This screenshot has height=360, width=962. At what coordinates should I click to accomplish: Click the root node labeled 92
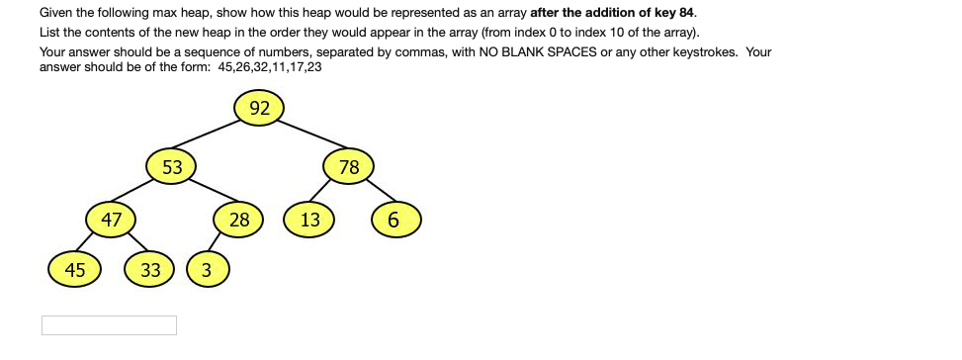click(x=260, y=109)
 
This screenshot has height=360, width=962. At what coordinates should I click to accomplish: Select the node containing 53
click(x=172, y=167)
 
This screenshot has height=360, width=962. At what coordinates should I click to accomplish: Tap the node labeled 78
click(x=349, y=167)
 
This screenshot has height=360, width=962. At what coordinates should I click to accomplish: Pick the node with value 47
click(x=111, y=220)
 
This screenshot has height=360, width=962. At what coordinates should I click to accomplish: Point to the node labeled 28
click(x=239, y=220)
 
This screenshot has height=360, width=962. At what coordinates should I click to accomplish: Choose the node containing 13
click(x=310, y=220)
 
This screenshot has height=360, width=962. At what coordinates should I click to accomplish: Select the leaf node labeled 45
click(x=75, y=269)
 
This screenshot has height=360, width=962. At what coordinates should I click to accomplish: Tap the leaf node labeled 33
click(x=150, y=269)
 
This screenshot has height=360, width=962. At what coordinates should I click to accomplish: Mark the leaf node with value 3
click(x=206, y=269)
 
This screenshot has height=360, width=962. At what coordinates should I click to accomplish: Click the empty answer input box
click(x=109, y=325)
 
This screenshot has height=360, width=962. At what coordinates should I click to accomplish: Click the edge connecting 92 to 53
click(x=215, y=137)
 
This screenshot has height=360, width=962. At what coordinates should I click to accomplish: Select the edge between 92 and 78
click(x=306, y=137)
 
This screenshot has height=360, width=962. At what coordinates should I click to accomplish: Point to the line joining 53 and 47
click(x=139, y=194)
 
